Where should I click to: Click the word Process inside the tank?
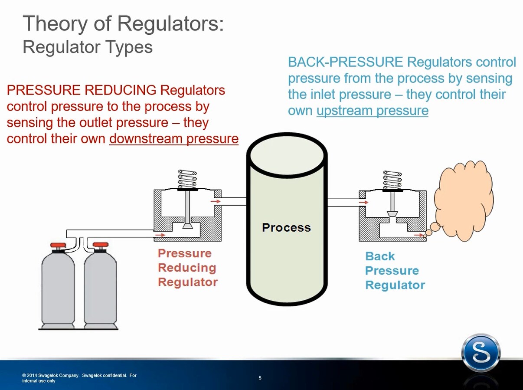pyautogui.click(x=286, y=227)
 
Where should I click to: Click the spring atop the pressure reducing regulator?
pyautogui.click(x=187, y=179)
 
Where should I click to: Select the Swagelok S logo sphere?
pyautogui.click(x=481, y=354)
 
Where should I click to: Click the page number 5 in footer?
pyautogui.click(x=260, y=378)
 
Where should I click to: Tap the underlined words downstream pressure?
pyautogui.click(x=173, y=139)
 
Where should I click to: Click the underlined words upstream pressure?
pyautogui.click(x=372, y=111)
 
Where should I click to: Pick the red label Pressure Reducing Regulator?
pyautogui.click(x=187, y=268)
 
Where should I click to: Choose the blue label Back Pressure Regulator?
pyautogui.click(x=395, y=271)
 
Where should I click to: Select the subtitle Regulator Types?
pyautogui.click(x=88, y=47)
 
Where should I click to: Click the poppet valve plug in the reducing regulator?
pyautogui.click(x=188, y=226)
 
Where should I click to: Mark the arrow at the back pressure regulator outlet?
pyautogui.click(x=419, y=235)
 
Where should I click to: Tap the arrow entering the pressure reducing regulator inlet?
pyautogui.click(x=160, y=235)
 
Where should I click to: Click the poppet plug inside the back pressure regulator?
pyautogui.click(x=392, y=214)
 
